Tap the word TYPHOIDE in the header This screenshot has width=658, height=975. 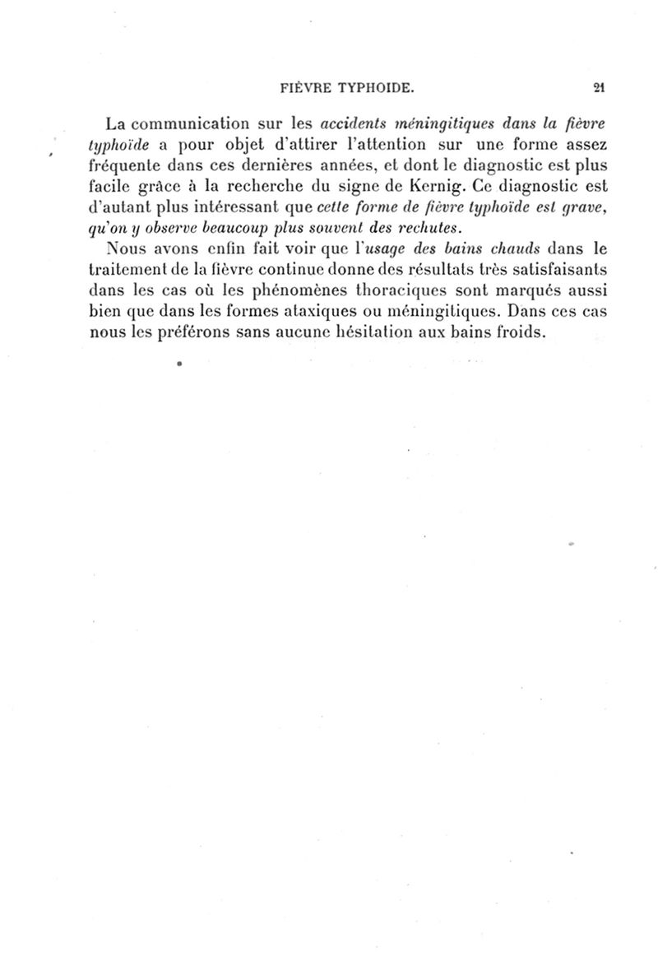(371, 86)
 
